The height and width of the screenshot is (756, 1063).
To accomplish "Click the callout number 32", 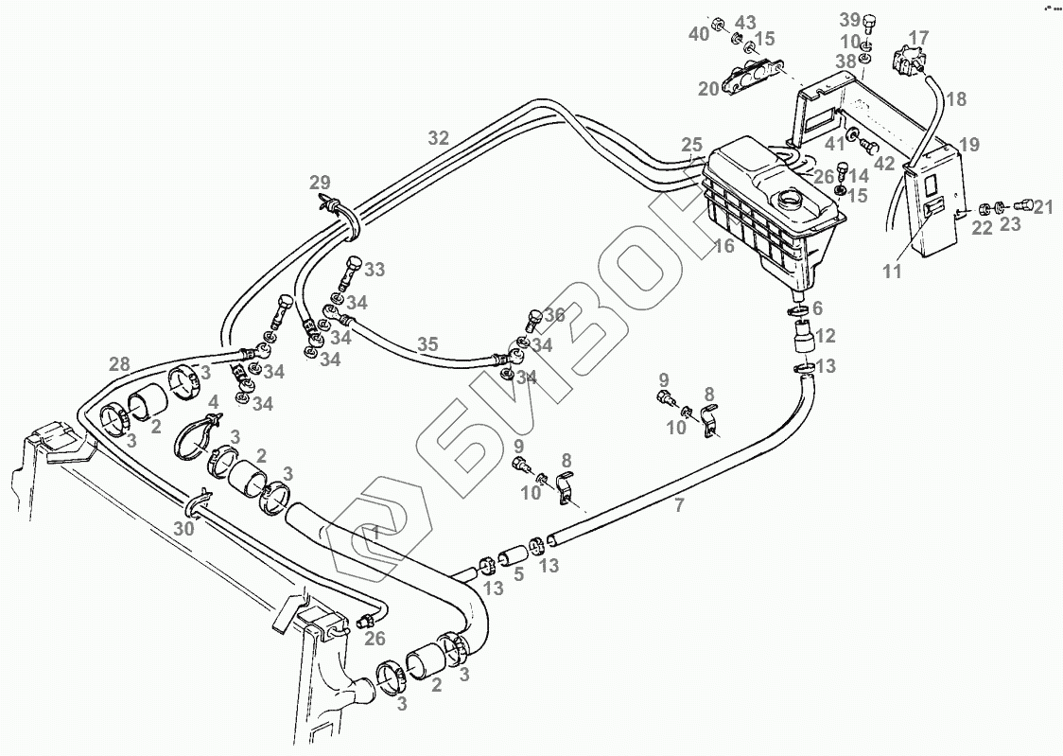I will click(438, 138).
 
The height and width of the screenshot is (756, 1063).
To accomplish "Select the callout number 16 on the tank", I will click(724, 246).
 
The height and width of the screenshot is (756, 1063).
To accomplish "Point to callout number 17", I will click(919, 39).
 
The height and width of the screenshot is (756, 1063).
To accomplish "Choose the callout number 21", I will click(1042, 207).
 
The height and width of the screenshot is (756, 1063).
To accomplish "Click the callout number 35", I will click(428, 344).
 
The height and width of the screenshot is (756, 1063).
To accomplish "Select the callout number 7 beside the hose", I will click(678, 505).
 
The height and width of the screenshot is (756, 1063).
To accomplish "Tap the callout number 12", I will click(826, 335).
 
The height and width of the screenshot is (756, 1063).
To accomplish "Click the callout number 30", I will click(183, 529).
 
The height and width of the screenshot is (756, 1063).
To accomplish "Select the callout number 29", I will click(321, 182).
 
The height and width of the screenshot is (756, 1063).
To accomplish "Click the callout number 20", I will click(709, 89).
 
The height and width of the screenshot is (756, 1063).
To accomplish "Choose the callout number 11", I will click(893, 272).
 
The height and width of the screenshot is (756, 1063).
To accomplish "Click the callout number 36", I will click(554, 314).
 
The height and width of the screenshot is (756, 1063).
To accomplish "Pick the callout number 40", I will click(699, 34).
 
